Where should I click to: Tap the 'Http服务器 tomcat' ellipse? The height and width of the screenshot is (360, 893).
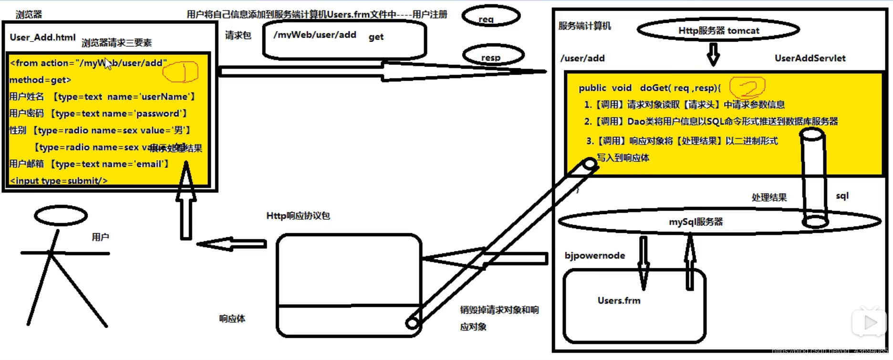[718, 31]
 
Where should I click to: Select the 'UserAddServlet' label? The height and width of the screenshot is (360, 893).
[810, 58]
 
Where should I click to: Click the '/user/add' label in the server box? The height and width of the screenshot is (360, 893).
[582, 58]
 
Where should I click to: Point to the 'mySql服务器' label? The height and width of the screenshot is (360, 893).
[696, 222]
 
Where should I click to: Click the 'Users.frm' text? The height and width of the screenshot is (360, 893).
[619, 300]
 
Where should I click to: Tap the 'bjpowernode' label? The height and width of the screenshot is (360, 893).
[594, 256]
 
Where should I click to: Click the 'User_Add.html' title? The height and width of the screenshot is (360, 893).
[42, 37]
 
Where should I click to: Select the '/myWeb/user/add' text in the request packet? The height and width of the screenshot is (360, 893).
[314, 35]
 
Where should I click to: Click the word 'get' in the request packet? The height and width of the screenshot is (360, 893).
[376, 37]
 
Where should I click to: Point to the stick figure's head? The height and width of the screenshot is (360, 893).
[61, 216]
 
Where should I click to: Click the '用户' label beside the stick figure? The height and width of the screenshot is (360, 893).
[100, 237]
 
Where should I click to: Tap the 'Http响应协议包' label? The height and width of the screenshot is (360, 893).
[298, 216]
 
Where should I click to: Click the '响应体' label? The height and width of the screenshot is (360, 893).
[232, 319]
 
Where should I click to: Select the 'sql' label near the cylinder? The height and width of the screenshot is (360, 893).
[842, 195]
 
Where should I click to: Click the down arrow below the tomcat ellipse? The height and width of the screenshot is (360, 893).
[713, 54]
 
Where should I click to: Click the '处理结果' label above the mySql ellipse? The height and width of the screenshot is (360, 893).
[769, 197]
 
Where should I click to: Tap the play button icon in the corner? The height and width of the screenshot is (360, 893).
[869, 323]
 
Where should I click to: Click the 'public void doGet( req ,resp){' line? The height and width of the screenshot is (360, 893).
[649, 88]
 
